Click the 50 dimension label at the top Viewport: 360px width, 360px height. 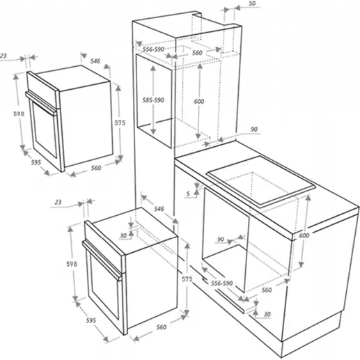(x=252, y=3)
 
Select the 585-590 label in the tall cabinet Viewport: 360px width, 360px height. (x=153, y=100)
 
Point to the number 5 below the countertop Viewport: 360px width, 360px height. (x=188, y=194)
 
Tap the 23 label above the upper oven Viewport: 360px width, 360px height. (x=3, y=56)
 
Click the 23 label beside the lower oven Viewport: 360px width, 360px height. (x=58, y=202)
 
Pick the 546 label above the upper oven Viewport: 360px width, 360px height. (x=95, y=61)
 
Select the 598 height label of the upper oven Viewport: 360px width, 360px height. (x=19, y=114)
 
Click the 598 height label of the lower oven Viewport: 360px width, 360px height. (x=72, y=264)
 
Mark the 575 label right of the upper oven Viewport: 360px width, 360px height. (x=120, y=123)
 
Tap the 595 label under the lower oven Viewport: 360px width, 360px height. (x=91, y=320)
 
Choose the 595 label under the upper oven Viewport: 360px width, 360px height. (x=36, y=162)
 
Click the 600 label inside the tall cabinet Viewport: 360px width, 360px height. (x=199, y=101)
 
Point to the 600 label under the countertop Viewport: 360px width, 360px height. (x=304, y=235)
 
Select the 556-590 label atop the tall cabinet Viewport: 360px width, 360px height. (x=153, y=49)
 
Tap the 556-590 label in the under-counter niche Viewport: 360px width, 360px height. (x=221, y=283)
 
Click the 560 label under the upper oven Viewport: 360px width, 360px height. (x=96, y=168)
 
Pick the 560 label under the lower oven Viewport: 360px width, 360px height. (x=162, y=327)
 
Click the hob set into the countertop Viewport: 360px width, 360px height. (x=260, y=181)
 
